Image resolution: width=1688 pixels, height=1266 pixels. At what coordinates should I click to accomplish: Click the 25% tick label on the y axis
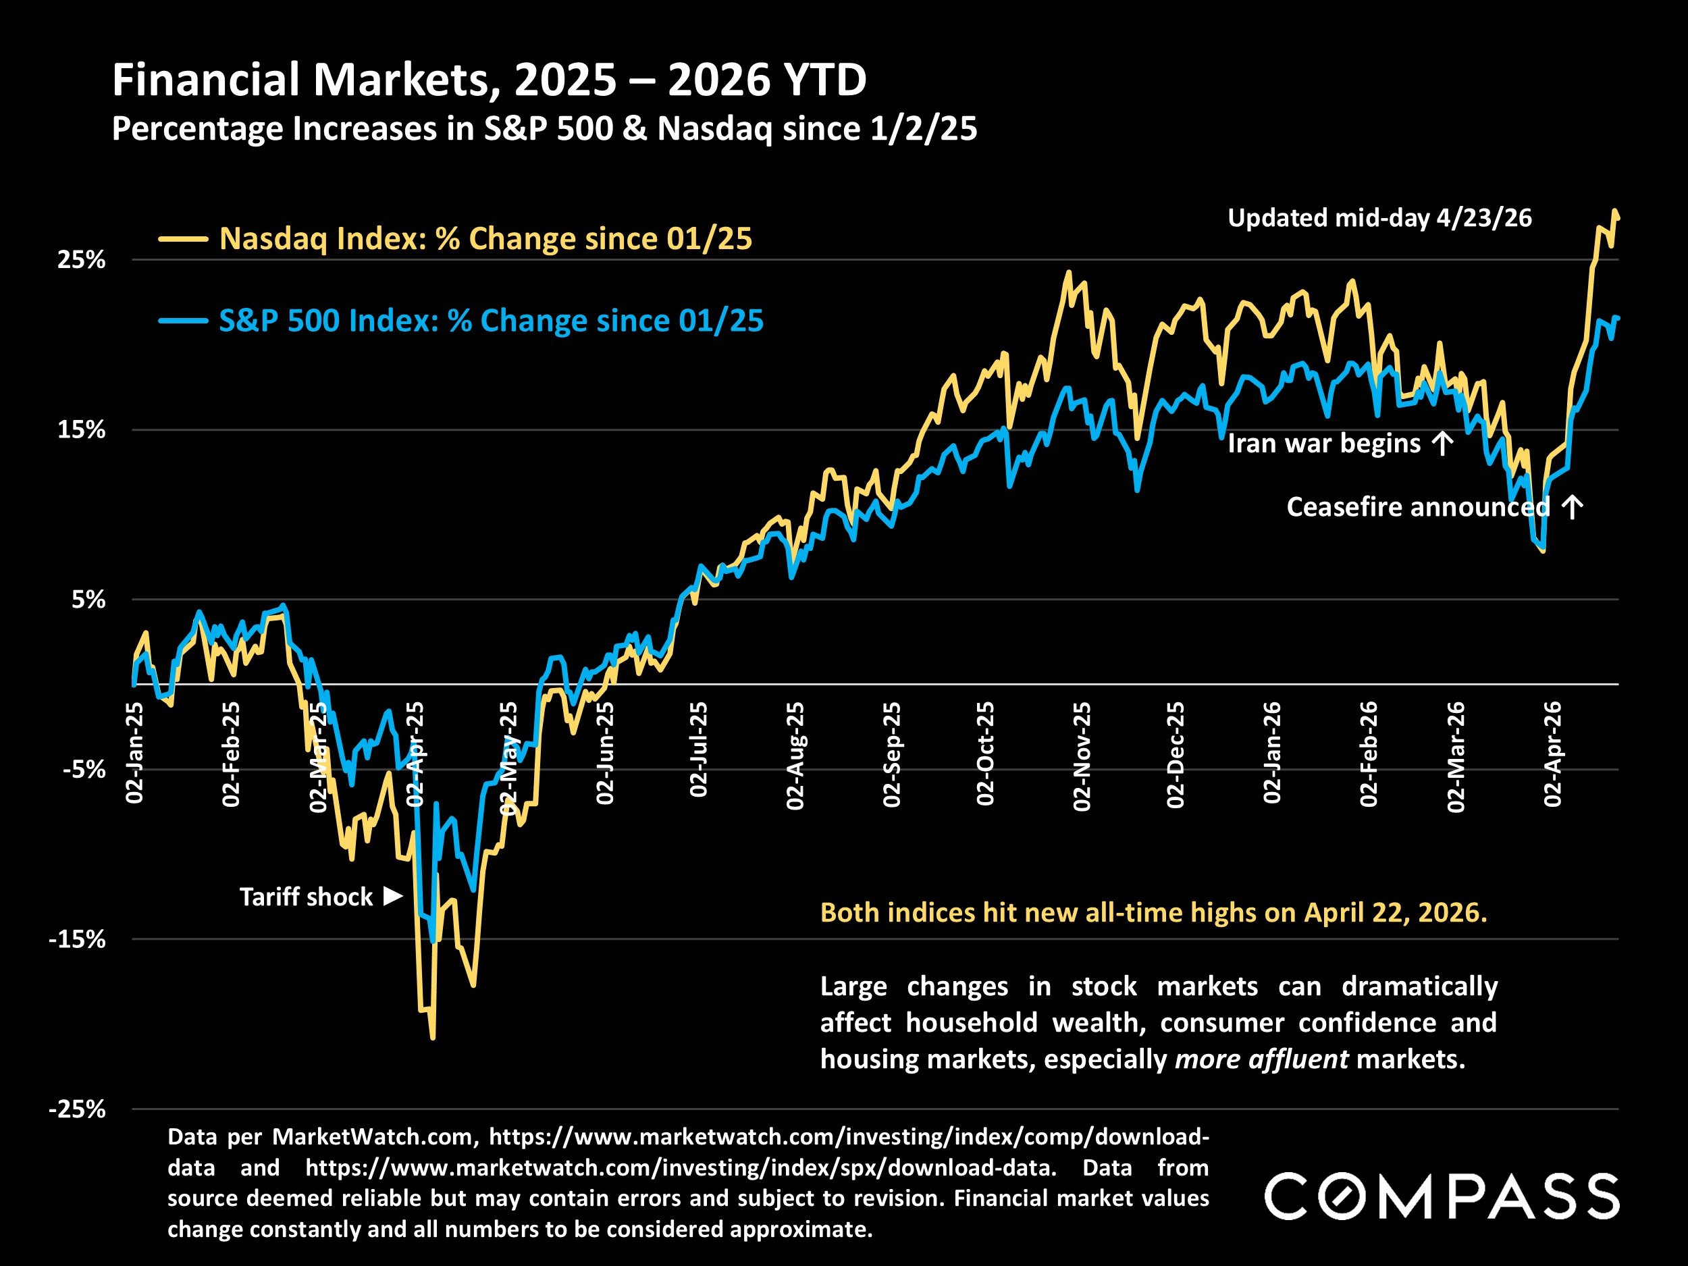(x=82, y=260)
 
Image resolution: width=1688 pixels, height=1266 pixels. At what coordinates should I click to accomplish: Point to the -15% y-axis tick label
(x=77, y=939)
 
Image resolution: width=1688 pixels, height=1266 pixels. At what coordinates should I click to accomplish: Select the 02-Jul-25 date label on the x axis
(x=698, y=750)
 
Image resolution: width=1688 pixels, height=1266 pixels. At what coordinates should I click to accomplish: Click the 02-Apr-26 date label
(x=1553, y=754)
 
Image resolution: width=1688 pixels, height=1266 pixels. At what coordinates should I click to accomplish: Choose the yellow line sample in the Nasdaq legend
(x=183, y=240)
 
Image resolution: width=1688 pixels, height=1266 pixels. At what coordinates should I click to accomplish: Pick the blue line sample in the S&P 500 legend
(x=183, y=321)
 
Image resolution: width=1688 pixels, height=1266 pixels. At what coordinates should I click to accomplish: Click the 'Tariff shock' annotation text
(x=306, y=897)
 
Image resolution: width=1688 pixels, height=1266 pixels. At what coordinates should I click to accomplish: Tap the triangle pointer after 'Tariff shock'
(x=393, y=896)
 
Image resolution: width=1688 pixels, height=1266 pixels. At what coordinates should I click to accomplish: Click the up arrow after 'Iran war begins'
(x=1442, y=444)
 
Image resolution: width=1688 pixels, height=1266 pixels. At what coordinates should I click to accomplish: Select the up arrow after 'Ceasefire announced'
(x=1572, y=506)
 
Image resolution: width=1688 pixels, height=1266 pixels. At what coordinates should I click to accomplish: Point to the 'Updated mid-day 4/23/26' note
(x=1379, y=218)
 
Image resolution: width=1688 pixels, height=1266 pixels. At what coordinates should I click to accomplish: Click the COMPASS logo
(x=1442, y=1196)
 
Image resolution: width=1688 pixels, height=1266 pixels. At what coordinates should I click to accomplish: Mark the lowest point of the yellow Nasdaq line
(x=433, y=1038)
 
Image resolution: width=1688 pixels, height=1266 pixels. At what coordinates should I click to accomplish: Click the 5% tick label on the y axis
(x=88, y=600)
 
